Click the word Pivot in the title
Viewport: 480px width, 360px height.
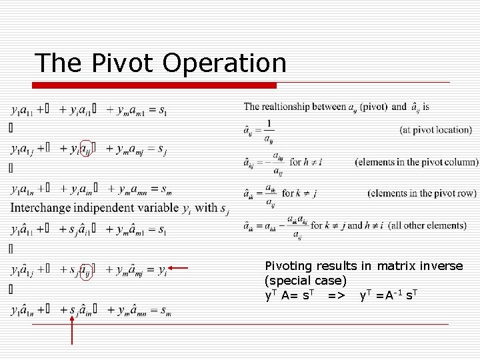click(x=119, y=63)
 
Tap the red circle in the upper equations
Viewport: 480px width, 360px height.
click(x=86, y=149)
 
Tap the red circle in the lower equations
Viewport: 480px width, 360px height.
click(x=86, y=270)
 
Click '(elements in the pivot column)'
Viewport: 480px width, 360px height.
click(x=417, y=161)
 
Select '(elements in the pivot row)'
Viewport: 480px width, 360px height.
click(x=421, y=193)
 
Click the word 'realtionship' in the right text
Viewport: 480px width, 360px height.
click(x=291, y=106)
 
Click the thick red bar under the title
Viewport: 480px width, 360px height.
click(x=153, y=85)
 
